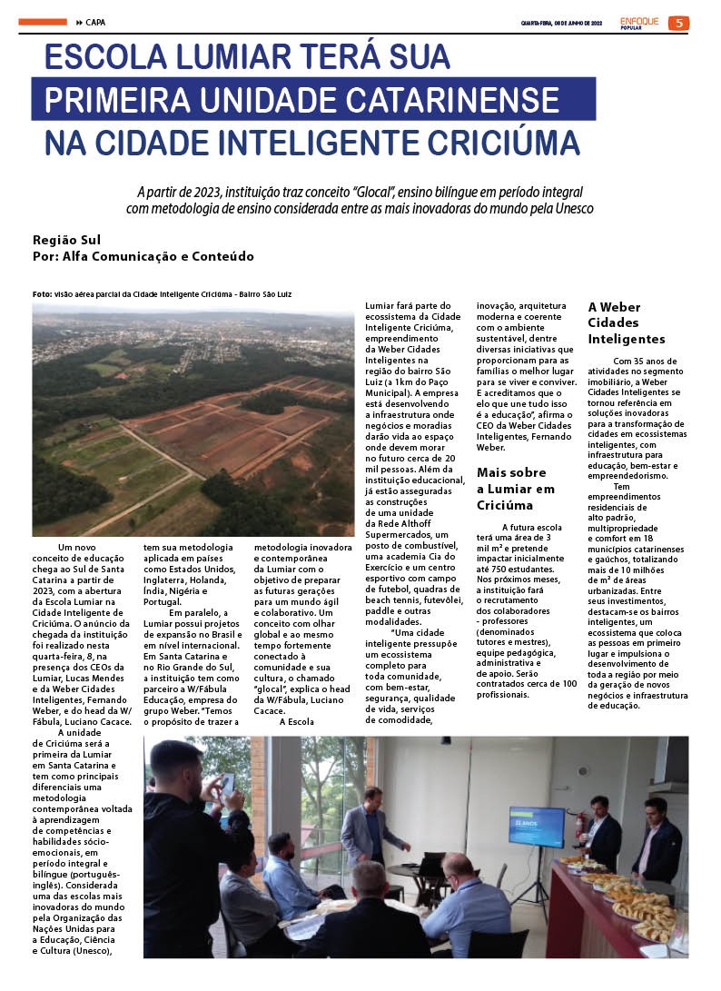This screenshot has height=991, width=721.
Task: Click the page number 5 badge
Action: (x=678, y=23)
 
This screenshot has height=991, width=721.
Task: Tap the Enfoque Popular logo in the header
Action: (x=639, y=22)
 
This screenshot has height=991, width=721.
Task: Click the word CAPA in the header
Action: (x=96, y=22)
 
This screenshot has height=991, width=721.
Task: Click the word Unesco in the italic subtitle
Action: (x=571, y=209)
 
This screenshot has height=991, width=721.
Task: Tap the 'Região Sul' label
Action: (x=66, y=240)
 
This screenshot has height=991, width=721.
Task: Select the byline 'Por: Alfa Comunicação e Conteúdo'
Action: (x=143, y=256)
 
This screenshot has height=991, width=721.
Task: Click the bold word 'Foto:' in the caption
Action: (x=42, y=294)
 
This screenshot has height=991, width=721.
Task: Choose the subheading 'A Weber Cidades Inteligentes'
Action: (x=626, y=323)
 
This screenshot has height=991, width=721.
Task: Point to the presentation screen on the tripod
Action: (x=536, y=826)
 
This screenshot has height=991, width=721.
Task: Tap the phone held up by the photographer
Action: (x=227, y=783)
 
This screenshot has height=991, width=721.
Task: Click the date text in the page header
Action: (x=561, y=23)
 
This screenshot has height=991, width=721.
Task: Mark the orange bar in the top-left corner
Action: (x=42, y=22)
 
